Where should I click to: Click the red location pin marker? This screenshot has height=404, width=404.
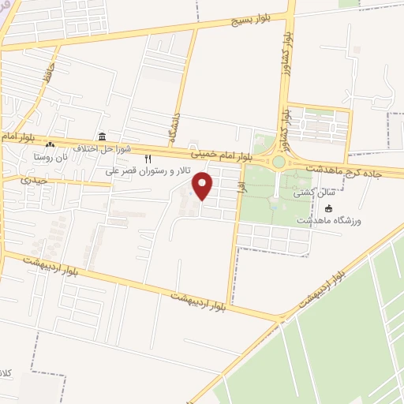point(204,186)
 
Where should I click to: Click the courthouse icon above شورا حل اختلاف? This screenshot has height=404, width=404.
point(102,136)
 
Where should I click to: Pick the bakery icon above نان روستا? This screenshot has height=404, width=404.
point(50,145)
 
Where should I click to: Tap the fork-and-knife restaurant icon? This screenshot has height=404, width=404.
point(148,159)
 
